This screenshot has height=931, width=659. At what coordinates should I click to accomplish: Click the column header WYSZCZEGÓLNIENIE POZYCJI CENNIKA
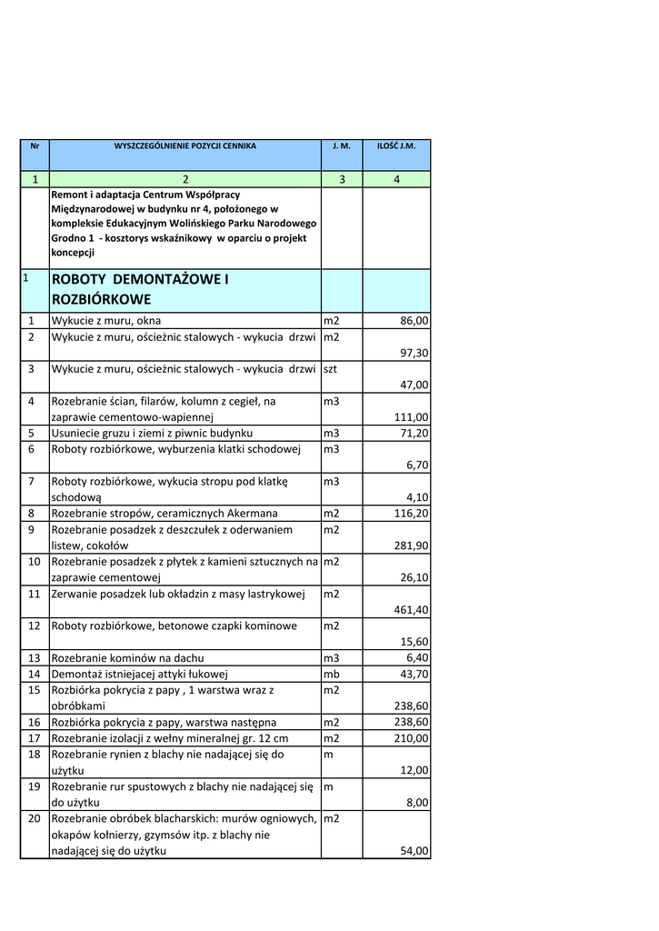pyautogui.click(x=185, y=145)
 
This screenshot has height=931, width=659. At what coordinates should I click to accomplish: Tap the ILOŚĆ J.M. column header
pyautogui.click(x=396, y=145)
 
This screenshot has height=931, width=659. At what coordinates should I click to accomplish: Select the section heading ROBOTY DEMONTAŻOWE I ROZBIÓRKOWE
pyautogui.click(x=139, y=289)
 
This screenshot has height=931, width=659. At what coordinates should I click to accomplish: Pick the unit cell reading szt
pyautogui.click(x=331, y=369)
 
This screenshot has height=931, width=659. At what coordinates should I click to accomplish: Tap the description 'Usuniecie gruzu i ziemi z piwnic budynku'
pyautogui.click(x=152, y=433)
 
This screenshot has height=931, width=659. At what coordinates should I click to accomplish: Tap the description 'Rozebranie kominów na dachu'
pyautogui.click(x=127, y=657)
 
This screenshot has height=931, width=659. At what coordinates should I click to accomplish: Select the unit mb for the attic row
pyautogui.click(x=332, y=674)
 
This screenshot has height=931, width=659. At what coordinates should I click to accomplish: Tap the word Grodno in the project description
pyautogui.click(x=70, y=238)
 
